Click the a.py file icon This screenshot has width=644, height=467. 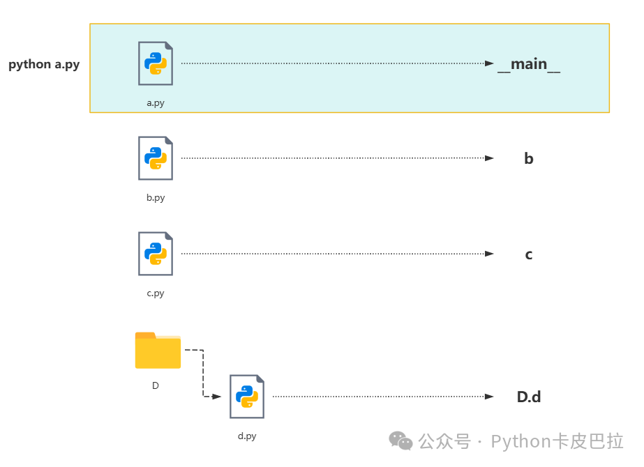156,63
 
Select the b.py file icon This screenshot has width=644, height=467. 156,158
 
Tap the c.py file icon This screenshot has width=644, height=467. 156,254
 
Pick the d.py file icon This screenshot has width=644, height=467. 247,397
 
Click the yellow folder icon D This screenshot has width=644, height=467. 158,351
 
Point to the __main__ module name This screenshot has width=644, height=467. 529,64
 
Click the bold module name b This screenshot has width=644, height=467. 529,159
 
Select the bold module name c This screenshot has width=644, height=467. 529,254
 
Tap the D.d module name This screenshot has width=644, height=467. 529,397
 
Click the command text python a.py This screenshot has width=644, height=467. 44,65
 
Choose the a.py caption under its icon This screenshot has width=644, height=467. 156,103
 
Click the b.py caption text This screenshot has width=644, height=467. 156,198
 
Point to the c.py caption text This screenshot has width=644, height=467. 156,293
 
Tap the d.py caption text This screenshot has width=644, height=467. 247,436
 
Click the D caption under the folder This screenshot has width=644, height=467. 156,385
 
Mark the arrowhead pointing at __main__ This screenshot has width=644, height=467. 490,63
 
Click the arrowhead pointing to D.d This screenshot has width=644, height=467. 490,397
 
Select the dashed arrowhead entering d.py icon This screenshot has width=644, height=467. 217,397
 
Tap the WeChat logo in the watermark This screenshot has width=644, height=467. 401,441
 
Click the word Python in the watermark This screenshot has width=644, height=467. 521,441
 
